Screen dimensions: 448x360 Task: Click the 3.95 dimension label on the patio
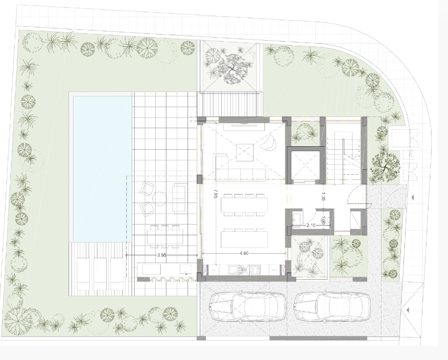coord(162,255)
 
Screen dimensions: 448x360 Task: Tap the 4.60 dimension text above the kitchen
coord(244,253)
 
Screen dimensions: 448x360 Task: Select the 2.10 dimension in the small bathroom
coord(311,225)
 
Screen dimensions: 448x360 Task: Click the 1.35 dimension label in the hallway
coord(323,197)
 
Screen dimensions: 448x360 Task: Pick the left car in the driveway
coord(248,307)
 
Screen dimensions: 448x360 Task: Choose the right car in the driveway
coord(332,307)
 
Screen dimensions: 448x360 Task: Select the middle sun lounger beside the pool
coord(100,273)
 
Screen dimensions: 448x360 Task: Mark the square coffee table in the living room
coord(245,153)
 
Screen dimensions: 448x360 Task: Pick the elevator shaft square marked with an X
coord(305,166)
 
